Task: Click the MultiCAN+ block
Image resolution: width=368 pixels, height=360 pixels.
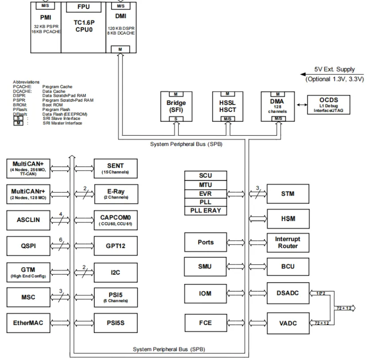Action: [28, 169]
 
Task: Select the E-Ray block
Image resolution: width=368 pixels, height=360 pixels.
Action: [115, 194]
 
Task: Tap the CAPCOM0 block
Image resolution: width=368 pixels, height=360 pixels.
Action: [115, 220]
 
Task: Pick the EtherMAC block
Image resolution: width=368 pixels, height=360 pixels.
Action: [28, 323]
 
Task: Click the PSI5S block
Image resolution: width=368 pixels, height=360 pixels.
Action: [115, 323]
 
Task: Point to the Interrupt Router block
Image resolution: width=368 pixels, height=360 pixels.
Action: [287, 242]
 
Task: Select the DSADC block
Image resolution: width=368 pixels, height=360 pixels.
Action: [287, 292]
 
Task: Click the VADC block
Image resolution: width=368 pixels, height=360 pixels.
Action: [287, 323]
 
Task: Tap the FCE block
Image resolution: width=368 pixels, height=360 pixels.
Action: [205, 323]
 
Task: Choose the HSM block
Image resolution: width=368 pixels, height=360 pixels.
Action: [287, 218]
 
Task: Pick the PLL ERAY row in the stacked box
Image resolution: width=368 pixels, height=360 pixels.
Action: [205, 211]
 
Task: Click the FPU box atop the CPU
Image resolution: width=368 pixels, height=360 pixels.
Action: [83, 7]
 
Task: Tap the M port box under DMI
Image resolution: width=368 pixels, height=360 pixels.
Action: [120, 49]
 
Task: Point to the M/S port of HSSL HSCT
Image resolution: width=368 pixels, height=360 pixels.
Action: [227, 119]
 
